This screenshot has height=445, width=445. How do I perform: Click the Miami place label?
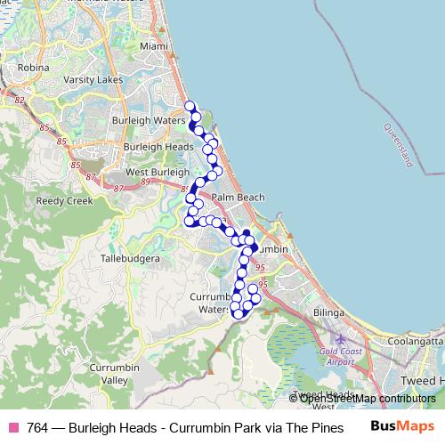[153, 45]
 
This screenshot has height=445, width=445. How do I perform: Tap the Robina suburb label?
[33, 67]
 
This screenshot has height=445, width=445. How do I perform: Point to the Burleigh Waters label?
[148, 118]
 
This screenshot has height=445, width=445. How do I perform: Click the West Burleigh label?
[158, 172]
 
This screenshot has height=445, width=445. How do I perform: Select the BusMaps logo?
[402, 426]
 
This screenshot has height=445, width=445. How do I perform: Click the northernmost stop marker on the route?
[189, 106]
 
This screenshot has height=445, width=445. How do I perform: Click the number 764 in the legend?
[37, 427]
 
